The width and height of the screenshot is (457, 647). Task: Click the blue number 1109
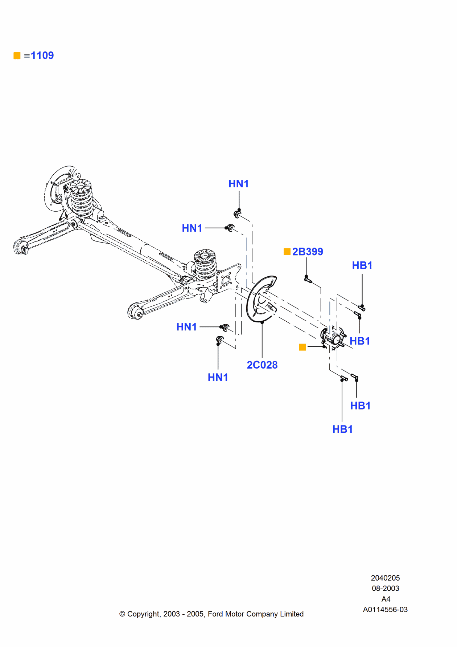(x=42, y=56)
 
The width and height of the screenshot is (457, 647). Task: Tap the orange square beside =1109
(x=17, y=56)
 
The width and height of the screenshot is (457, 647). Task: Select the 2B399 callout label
(x=308, y=252)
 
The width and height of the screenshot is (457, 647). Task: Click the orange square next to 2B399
(x=287, y=252)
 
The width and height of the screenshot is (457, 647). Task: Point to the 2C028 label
(x=262, y=365)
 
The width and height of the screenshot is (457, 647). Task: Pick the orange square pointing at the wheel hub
(x=302, y=347)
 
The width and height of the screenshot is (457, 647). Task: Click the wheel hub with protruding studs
(x=333, y=338)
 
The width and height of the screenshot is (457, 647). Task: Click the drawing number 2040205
(x=385, y=578)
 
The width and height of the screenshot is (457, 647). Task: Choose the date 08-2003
(x=385, y=588)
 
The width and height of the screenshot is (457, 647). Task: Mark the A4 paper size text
(x=386, y=599)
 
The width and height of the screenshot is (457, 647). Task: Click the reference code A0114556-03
(x=385, y=609)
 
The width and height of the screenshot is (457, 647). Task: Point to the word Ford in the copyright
(x=215, y=614)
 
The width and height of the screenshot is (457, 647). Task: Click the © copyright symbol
(x=122, y=614)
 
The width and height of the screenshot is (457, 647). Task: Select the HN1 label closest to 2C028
(x=218, y=377)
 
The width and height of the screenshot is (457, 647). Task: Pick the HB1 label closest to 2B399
(x=362, y=265)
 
